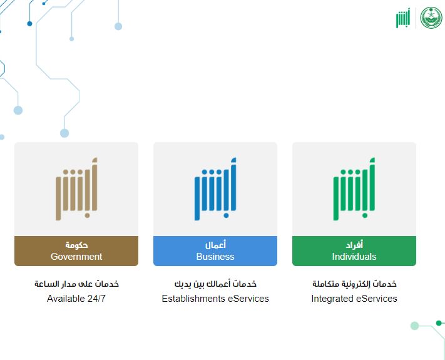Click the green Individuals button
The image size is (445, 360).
[354, 251]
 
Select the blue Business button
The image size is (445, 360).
[215, 251]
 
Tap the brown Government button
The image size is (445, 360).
[76, 251]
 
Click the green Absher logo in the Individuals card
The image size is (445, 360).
[354, 188]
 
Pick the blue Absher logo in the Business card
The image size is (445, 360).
[215, 188]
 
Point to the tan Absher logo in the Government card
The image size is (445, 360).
[76, 188]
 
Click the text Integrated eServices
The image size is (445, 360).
[354, 299]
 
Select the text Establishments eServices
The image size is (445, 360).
[215, 299]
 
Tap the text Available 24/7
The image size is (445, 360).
[76, 299]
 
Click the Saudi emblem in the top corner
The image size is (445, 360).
[431, 18]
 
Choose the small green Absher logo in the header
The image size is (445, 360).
[404, 18]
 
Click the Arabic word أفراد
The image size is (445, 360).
[354, 245]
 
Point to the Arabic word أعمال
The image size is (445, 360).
[215, 245]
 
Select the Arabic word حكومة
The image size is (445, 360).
[76, 245]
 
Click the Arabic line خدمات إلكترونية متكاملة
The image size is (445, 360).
[354, 284]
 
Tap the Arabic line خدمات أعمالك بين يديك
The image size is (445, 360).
[215, 284]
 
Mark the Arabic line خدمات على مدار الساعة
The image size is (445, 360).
[76, 284]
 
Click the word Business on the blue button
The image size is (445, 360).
[215, 257]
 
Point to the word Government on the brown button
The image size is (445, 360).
[76, 257]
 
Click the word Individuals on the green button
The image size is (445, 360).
[354, 257]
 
